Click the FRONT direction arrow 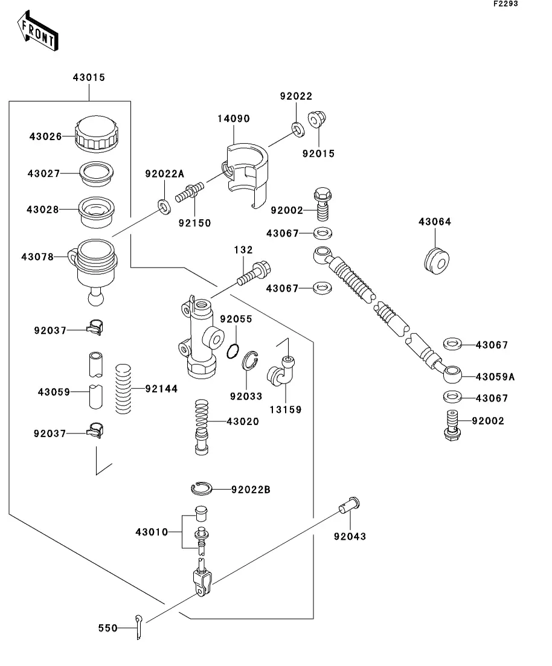click(x=37, y=31)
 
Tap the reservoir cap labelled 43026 click(x=97, y=133)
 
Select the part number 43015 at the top click(x=89, y=77)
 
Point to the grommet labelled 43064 click(x=437, y=260)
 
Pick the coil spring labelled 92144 click(x=123, y=389)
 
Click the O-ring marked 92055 click(x=233, y=351)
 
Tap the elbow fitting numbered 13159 click(x=281, y=372)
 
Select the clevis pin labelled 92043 click(x=349, y=505)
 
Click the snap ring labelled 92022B click(x=202, y=488)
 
